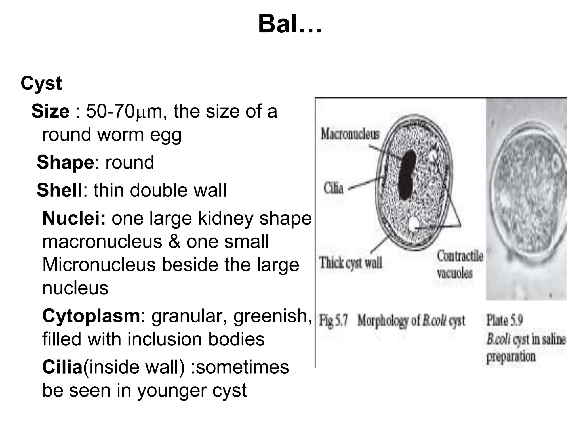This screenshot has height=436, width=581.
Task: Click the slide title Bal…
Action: click(x=290, y=24)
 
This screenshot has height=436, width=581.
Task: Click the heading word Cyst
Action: click(x=41, y=84)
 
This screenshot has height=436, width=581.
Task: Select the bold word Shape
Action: click(x=65, y=162)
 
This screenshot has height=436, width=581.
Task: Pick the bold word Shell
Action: click(x=60, y=190)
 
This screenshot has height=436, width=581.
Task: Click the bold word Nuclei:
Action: click(x=74, y=218)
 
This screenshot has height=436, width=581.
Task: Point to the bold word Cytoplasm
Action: click(x=91, y=316)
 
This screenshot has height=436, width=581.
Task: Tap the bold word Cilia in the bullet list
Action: click(x=62, y=367)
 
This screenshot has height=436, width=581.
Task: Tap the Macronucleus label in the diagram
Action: click(x=350, y=133)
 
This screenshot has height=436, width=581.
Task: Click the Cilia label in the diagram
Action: click(x=334, y=188)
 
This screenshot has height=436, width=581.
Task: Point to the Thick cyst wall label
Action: click(x=351, y=263)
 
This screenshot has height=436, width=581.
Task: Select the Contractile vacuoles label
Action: click(x=460, y=264)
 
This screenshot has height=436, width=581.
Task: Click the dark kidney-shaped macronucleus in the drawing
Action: click(x=407, y=175)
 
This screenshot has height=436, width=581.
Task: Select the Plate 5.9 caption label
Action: click(x=504, y=320)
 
